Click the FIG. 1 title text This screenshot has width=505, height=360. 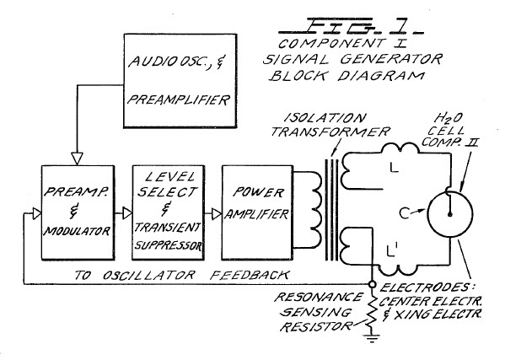point(330,24)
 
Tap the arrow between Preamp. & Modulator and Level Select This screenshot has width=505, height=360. point(124,215)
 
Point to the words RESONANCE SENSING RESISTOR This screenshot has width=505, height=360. point(321,310)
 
